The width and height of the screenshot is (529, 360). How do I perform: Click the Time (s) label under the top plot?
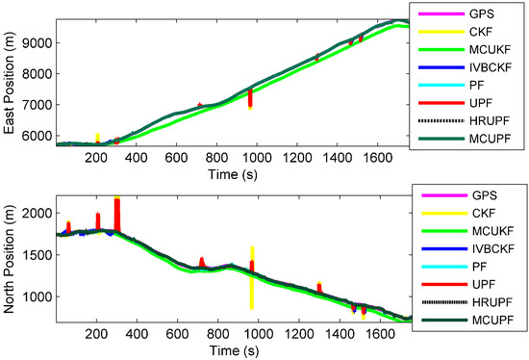point(234,172)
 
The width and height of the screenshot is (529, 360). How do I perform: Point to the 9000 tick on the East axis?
point(36,42)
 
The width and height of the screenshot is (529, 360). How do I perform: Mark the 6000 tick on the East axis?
point(36,137)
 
